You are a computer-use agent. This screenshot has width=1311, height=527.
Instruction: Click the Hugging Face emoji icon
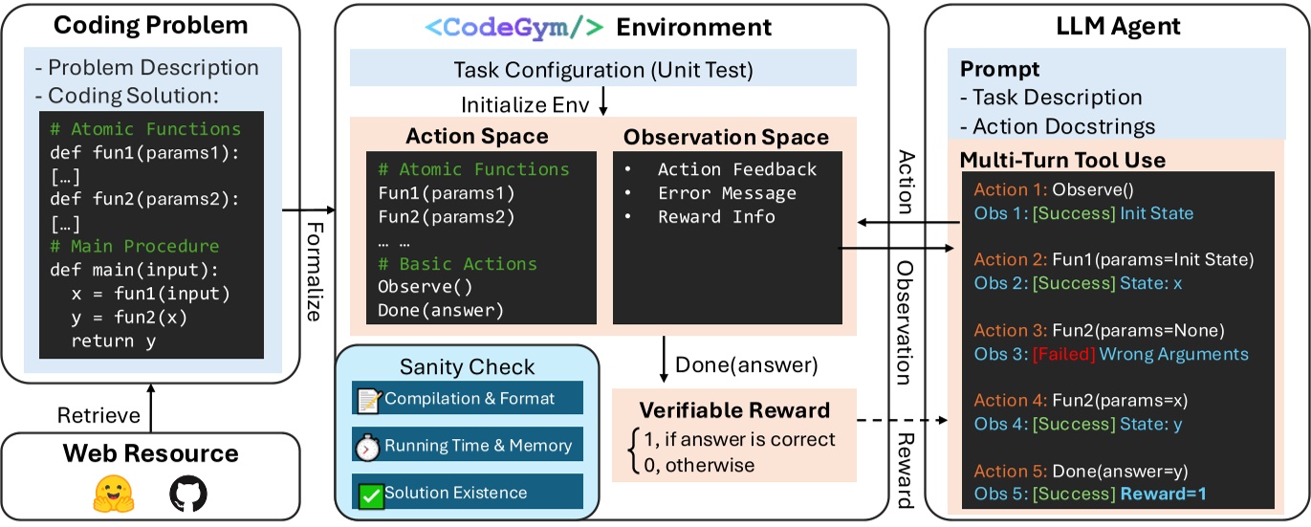tap(114, 494)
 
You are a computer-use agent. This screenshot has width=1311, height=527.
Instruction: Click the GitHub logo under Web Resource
tap(187, 494)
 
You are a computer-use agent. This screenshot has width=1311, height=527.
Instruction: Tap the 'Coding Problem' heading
tap(150, 25)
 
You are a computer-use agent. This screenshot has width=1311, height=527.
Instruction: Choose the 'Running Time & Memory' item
tap(466, 445)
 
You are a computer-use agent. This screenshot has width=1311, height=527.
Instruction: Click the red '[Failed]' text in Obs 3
tap(1062, 354)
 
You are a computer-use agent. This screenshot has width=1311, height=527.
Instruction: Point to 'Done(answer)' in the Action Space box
tap(440, 310)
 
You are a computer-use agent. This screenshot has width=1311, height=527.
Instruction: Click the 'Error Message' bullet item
tap(726, 193)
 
